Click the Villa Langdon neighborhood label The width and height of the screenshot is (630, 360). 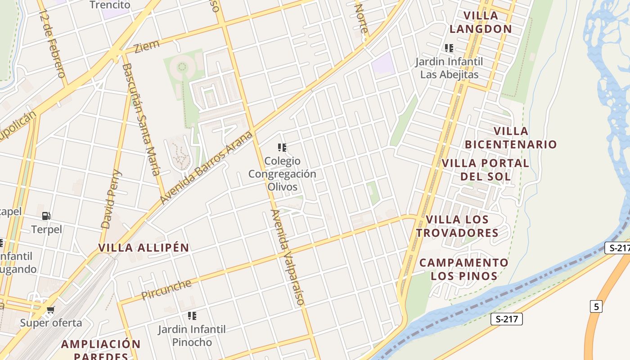point(481,22)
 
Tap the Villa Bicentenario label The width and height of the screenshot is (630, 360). point(511,138)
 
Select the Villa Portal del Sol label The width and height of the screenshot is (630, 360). point(486,170)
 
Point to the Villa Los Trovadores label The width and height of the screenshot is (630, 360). point(457,226)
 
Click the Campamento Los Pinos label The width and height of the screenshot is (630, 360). point(464,269)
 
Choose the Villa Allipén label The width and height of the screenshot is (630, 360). point(144,247)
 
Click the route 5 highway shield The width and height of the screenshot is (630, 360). point(596,306)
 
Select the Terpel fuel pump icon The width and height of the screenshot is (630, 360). point(46,216)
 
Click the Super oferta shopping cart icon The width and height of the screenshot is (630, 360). point(51,310)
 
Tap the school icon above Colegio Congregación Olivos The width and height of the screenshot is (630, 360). point(282,148)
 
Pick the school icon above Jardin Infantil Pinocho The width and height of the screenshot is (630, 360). point(192,316)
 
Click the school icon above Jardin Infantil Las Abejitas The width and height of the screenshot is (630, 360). point(449,48)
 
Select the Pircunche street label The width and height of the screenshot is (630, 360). point(166,289)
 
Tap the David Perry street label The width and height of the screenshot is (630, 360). point(111,199)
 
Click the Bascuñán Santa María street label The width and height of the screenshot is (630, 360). point(141,119)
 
